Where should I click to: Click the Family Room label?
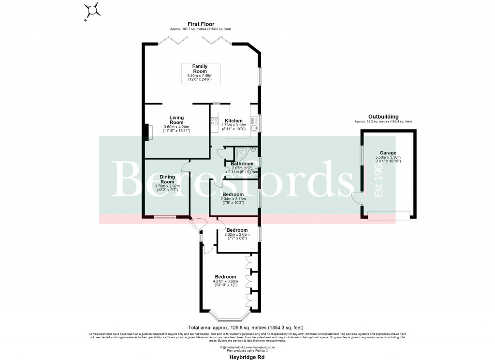[200, 68]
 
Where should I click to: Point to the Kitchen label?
[233, 120]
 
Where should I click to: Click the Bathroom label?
[242, 164]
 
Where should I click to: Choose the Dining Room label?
[168, 180]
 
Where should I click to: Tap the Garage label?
[388, 153]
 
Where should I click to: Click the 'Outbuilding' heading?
[383, 117]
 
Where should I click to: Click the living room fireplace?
[146, 132]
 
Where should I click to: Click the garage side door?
[357, 198]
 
